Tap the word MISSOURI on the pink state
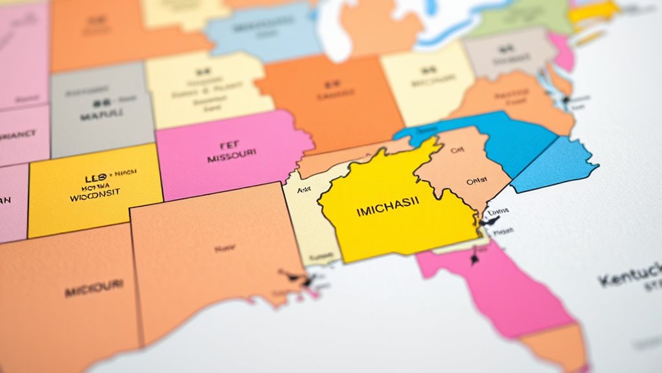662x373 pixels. (x=231, y=156)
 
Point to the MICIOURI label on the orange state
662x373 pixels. (x=94, y=287)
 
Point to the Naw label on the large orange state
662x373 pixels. (x=225, y=247)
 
